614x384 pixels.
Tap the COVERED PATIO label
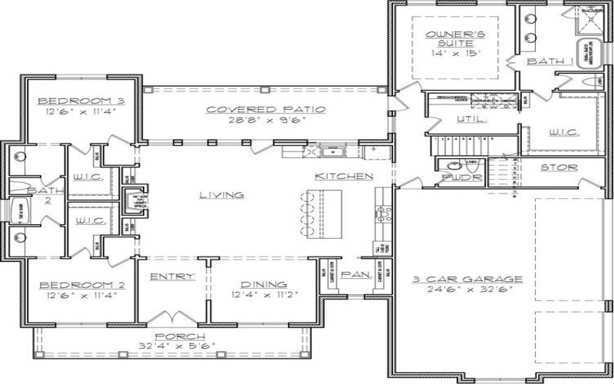(265, 109)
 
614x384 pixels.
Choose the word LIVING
(222, 195)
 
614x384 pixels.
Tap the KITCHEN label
(343, 177)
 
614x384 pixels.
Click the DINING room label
(263, 283)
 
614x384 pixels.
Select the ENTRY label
(171, 276)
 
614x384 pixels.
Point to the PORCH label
(180, 336)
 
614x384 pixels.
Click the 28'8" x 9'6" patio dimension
(265, 121)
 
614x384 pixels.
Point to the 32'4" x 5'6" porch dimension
(180, 347)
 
